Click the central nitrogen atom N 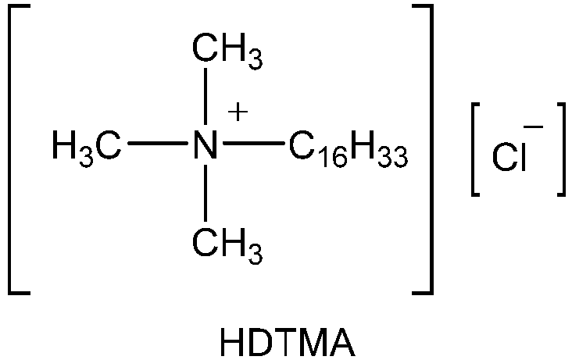pyautogui.click(x=206, y=144)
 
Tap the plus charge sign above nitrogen pyautogui.click(x=238, y=112)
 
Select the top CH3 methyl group pyautogui.click(x=227, y=51)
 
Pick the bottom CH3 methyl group pyautogui.click(x=227, y=246)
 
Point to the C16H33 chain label pyautogui.click(x=349, y=149)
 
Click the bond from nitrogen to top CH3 pyautogui.click(x=206, y=96)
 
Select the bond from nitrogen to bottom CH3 pyautogui.click(x=206, y=193)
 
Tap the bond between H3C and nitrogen pyautogui.click(x=158, y=144)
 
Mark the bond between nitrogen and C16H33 pyautogui.click(x=253, y=144)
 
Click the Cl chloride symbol pyautogui.click(x=509, y=157)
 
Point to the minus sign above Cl pyautogui.click(x=534, y=127)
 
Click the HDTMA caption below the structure pyautogui.click(x=288, y=342)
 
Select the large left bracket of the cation pyautogui.click(x=11, y=149)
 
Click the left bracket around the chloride pyautogui.click(x=473, y=149)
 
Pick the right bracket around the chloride pyautogui.click(x=563, y=149)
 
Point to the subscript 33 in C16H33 pyautogui.click(x=393, y=158)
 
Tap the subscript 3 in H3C pyautogui.click(x=86, y=158)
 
